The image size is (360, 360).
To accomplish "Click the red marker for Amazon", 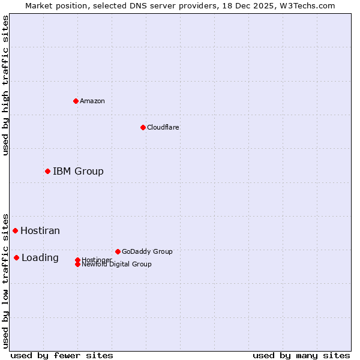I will pyautogui.click(x=76, y=101).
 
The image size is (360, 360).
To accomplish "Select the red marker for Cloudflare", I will pyautogui.click(x=143, y=127).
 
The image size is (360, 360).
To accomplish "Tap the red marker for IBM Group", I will pyautogui.click(x=47, y=172).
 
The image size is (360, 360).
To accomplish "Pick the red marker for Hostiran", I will pyautogui.click(x=15, y=230).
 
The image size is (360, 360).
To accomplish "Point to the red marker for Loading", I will pyautogui.click(x=16, y=258).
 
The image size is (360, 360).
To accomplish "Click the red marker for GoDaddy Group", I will pyautogui.click(x=118, y=251).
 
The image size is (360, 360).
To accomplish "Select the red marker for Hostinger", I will pyautogui.click(x=77, y=260).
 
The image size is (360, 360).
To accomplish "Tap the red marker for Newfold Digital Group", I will pyautogui.click(x=77, y=265).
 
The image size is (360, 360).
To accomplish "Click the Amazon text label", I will pyautogui.click(x=92, y=101).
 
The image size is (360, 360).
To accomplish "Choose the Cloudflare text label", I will pyautogui.click(x=163, y=127).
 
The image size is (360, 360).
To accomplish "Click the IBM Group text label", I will pyautogui.click(x=78, y=172).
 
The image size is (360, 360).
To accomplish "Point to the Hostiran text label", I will pyautogui.click(x=40, y=230).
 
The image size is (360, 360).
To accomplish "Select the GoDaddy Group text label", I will pyautogui.click(x=147, y=251).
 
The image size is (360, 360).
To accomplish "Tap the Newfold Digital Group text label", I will pyautogui.click(x=117, y=265).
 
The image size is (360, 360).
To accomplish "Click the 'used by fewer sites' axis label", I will pyautogui.click(x=62, y=355).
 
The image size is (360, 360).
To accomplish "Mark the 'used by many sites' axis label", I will pyautogui.click(x=301, y=355).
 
